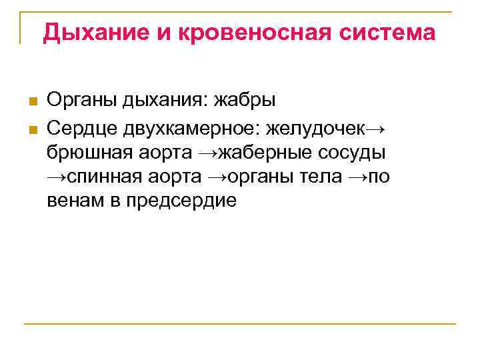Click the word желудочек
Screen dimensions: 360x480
(x=319, y=127)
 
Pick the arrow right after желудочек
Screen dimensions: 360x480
(x=376, y=127)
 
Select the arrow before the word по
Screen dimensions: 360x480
(x=358, y=177)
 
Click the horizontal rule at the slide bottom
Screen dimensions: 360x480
(x=240, y=324)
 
